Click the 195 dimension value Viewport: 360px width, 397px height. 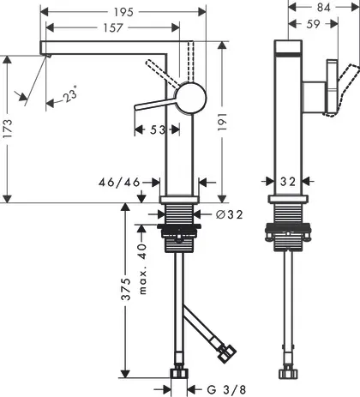123,12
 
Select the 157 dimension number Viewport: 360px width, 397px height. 113,27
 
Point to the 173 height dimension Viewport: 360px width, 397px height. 8,129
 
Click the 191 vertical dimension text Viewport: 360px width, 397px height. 222,122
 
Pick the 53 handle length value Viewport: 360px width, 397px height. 158,129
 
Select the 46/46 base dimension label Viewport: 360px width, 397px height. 119,182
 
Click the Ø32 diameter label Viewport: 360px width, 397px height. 230,214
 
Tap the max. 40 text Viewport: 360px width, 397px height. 142,269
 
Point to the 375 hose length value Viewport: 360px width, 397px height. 126,289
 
